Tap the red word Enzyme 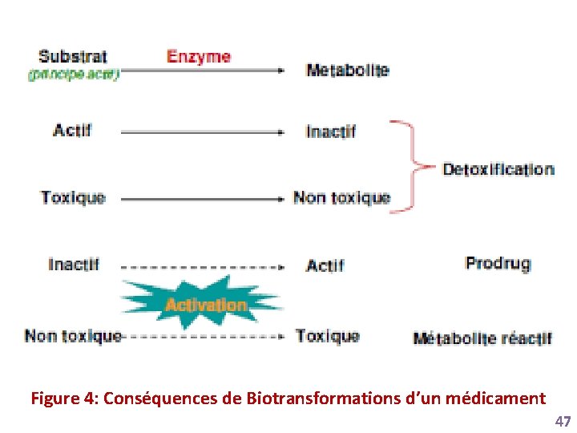click(x=199, y=57)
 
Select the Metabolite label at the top click(x=347, y=70)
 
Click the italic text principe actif click(x=74, y=75)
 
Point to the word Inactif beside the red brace click(x=331, y=132)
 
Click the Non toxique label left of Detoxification click(x=341, y=197)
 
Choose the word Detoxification click(x=498, y=169)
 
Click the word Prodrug click(x=498, y=263)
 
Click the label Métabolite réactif click(x=482, y=338)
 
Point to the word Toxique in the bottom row click(x=328, y=336)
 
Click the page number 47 click(x=563, y=422)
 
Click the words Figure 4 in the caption click(x=63, y=399)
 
